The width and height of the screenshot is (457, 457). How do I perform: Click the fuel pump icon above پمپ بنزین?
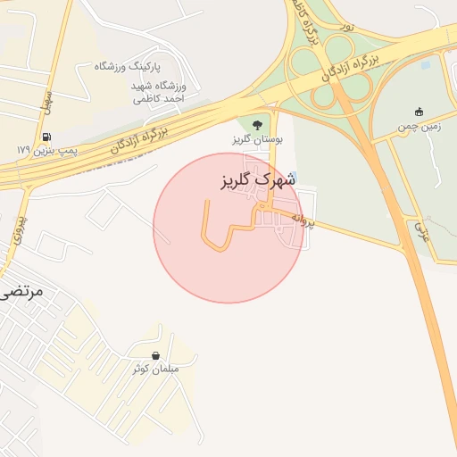(x=46, y=137)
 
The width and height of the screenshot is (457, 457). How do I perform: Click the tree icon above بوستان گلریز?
(x=257, y=125)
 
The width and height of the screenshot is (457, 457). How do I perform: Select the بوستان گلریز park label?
(x=257, y=139)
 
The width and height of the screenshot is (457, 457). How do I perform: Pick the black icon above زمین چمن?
(x=420, y=112)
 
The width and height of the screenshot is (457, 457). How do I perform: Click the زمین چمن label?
(x=420, y=127)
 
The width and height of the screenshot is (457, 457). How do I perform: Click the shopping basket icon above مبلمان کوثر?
(x=156, y=354)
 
